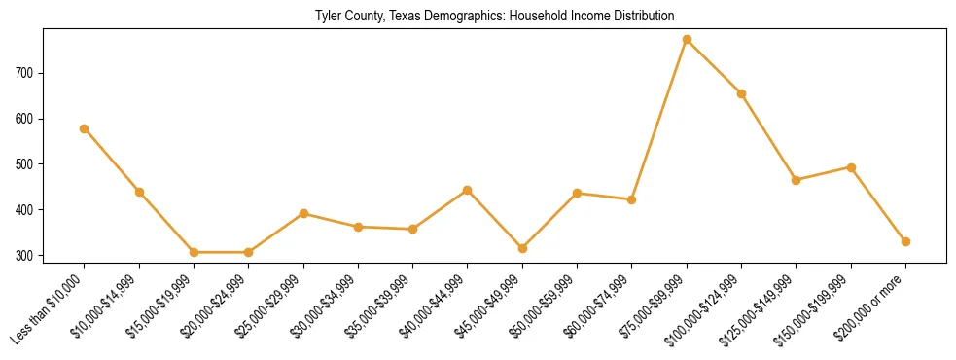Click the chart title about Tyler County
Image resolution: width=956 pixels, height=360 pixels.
[x=495, y=16]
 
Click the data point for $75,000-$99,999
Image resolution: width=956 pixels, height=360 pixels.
[x=687, y=40]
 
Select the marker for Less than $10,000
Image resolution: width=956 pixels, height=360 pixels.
[x=85, y=128]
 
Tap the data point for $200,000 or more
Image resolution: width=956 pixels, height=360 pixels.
[x=905, y=241]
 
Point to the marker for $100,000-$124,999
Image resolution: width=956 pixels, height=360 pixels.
[x=741, y=93]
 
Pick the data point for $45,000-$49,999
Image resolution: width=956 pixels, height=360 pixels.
[x=522, y=248]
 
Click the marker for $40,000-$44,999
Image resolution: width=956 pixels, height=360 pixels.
[x=468, y=190]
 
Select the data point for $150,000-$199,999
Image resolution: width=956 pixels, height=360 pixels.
[x=851, y=167]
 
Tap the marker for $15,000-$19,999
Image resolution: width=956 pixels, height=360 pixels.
[x=195, y=252]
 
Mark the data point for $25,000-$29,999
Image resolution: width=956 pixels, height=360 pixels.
[x=303, y=213]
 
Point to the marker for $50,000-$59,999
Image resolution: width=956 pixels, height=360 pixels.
[x=577, y=193]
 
